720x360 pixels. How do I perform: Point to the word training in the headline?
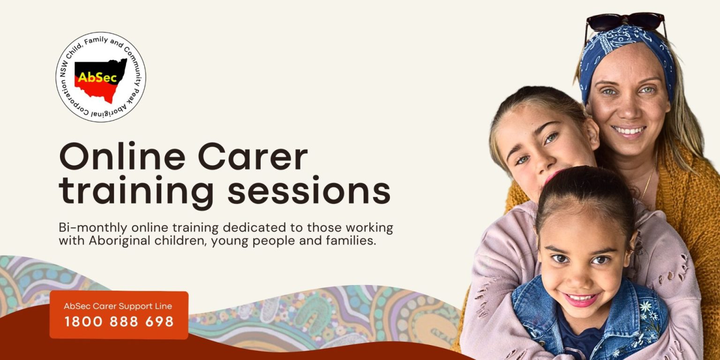136,192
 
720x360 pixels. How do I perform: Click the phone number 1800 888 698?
119,322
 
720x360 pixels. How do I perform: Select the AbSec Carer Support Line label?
118,306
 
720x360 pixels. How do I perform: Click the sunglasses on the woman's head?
625,21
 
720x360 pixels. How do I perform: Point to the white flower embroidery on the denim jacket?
650,307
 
